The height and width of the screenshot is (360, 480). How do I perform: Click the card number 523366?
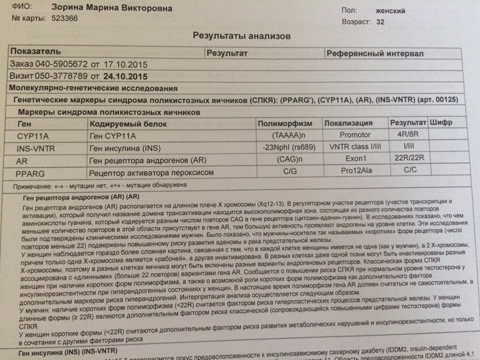[65, 18]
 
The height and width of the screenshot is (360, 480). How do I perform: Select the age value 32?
[380, 22]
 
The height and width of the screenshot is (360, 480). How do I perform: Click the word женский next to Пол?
[390, 11]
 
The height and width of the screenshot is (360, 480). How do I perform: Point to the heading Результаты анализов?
[241, 36]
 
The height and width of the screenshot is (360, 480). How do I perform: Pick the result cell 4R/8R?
[407, 135]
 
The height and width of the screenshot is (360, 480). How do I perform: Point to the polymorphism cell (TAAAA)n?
[289, 135]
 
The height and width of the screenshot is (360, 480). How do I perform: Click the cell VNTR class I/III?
[355, 148]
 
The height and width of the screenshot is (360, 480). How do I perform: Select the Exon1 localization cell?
[354, 159]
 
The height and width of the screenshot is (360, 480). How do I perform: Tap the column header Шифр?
[441, 123]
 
